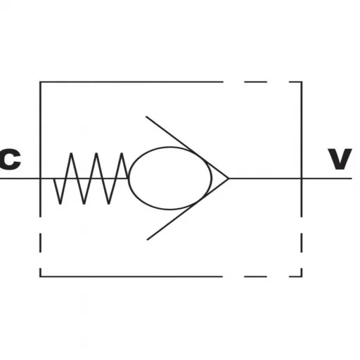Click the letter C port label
(10, 159)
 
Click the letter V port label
(340, 159)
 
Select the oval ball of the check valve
(170, 178)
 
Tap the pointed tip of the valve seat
(229, 179)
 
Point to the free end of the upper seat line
(146, 117)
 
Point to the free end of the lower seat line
(147, 240)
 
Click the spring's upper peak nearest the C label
(71, 153)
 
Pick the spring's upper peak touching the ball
(122, 153)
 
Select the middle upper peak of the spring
(96, 153)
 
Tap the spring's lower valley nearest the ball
(109, 204)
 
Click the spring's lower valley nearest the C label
(60, 204)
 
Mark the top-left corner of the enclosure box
(40, 82)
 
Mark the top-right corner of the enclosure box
(302, 82)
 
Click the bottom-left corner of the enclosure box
(40, 276)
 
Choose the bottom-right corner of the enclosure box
(302, 276)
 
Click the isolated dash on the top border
(255, 82)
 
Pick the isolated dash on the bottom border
(255, 276)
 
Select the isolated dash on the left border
(40, 243)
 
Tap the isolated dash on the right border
(302, 243)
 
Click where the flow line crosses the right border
(302, 179)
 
